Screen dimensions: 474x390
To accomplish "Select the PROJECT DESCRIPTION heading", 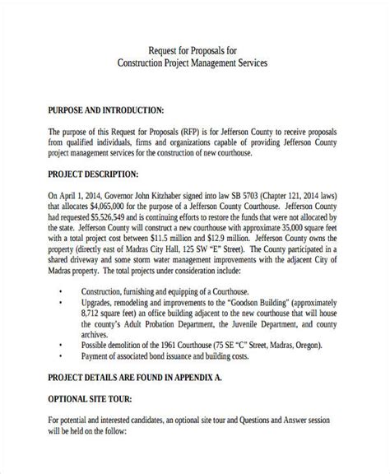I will click(92, 175).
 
